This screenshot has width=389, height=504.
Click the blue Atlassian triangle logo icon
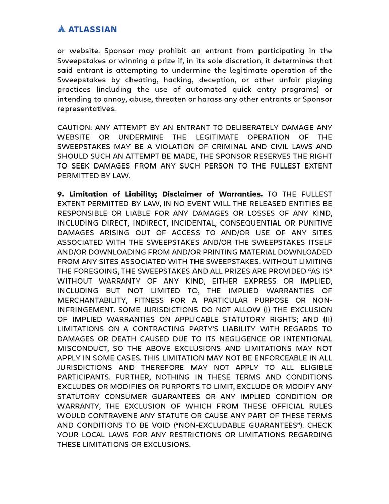coord(62,29)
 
